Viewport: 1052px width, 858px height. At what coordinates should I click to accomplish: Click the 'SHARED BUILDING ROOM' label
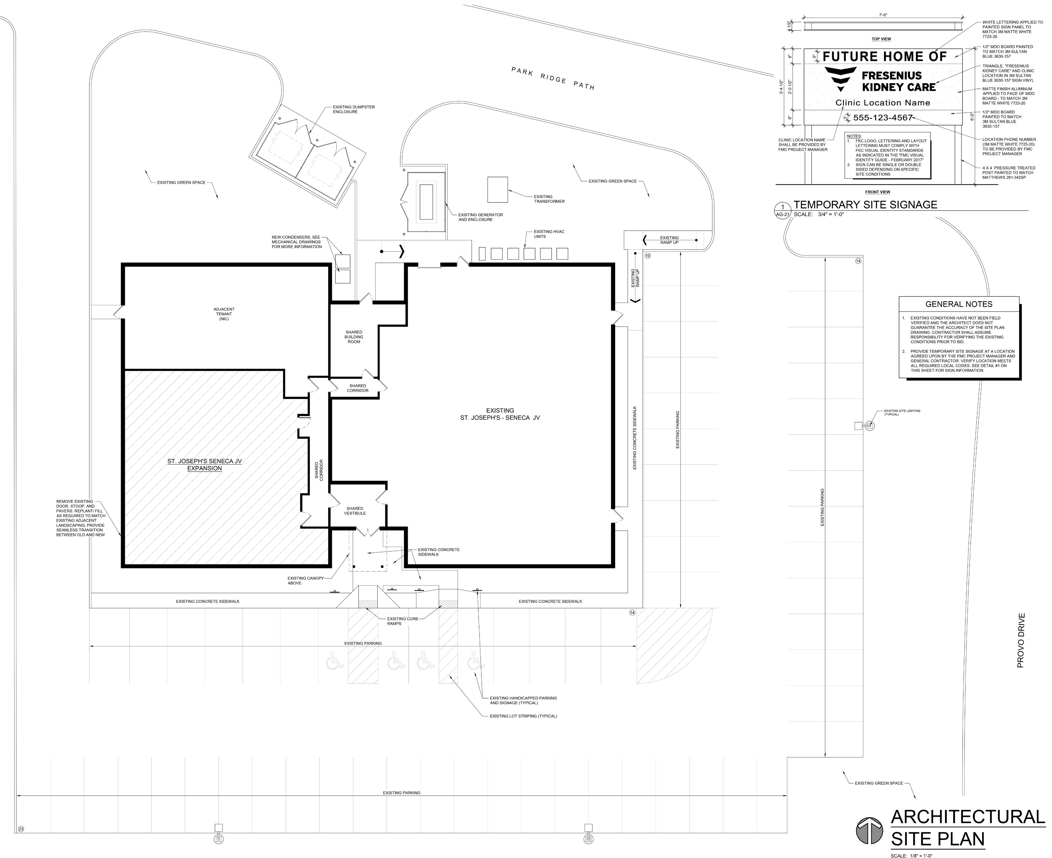pyautogui.click(x=354, y=337)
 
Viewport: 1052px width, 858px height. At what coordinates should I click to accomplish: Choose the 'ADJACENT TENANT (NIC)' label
pyautogui.click(x=224, y=314)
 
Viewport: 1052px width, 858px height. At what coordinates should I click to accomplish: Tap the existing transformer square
pyautogui.click(x=498, y=189)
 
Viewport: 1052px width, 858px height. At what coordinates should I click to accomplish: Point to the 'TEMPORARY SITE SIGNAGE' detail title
pyautogui.click(x=865, y=205)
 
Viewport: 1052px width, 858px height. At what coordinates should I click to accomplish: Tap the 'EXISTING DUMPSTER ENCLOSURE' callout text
pyautogui.click(x=354, y=109)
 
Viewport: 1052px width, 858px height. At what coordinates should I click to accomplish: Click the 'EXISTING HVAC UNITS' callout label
pyautogui.click(x=549, y=234)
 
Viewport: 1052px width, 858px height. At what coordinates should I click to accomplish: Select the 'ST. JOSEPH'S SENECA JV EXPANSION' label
pyautogui.click(x=205, y=465)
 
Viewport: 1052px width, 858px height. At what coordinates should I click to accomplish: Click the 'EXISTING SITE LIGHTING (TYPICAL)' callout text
pyautogui.click(x=902, y=412)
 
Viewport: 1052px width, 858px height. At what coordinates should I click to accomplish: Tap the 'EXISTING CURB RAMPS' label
pyautogui.click(x=402, y=621)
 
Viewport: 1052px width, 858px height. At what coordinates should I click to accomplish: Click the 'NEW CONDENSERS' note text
pyautogui.click(x=297, y=242)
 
